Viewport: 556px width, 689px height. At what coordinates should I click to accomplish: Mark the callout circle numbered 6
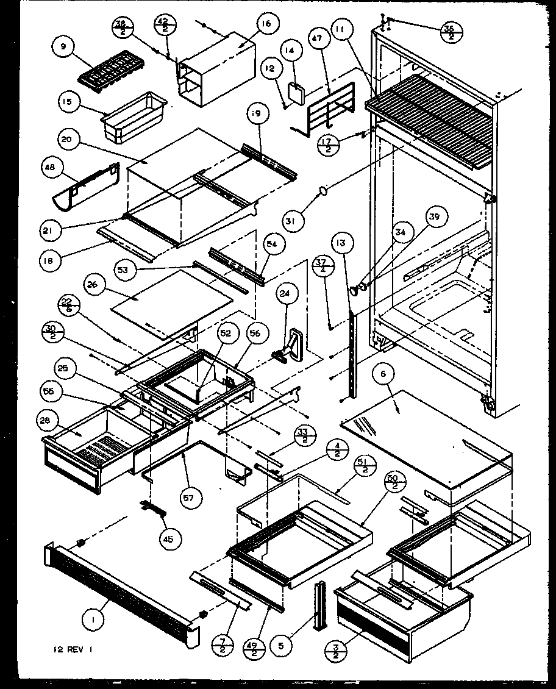384,376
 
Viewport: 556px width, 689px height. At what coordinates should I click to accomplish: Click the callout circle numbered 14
290,51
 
